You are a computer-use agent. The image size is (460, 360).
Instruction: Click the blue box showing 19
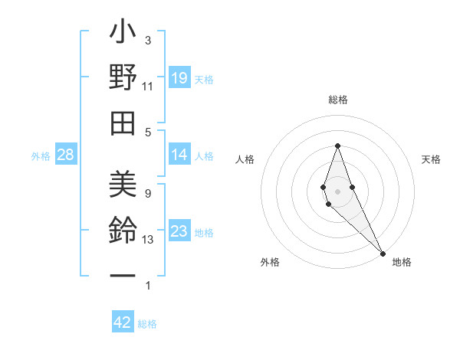(179, 77)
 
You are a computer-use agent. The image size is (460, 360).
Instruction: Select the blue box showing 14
(179, 155)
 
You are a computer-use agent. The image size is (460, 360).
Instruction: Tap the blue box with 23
(179, 231)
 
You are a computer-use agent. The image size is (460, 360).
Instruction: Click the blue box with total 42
(123, 322)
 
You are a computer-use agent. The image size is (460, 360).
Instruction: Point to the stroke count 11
(148, 87)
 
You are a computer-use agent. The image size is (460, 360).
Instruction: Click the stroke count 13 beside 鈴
(148, 240)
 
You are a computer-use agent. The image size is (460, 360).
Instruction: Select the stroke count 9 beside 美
(148, 194)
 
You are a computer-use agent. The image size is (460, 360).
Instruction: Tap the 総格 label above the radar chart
(338, 100)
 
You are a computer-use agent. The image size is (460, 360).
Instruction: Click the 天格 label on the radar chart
(431, 159)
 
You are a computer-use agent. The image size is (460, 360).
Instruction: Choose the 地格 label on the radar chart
(402, 262)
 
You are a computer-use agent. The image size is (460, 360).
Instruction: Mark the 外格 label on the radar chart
(270, 262)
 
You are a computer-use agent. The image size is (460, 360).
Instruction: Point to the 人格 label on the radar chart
(245, 159)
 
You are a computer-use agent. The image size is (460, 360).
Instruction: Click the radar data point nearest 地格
(383, 253)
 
